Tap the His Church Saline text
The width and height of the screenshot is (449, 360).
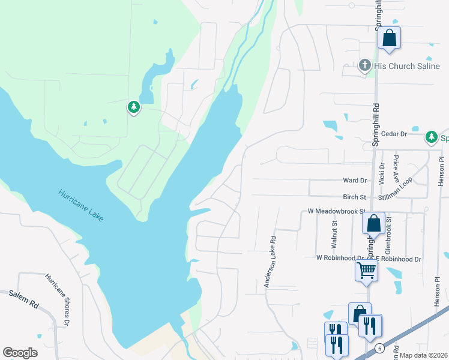(x=406, y=66)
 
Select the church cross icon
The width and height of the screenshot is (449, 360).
(x=364, y=65)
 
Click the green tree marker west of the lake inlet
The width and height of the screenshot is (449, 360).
(x=133, y=107)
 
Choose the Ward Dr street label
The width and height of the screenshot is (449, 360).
(x=354, y=180)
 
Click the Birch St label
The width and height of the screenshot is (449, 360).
(x=354, y=197)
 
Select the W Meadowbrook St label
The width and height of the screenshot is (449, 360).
(x=336, y=211)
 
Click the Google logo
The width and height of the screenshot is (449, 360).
(x=20, y=353)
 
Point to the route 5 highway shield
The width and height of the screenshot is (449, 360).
(x=379, y=348)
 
